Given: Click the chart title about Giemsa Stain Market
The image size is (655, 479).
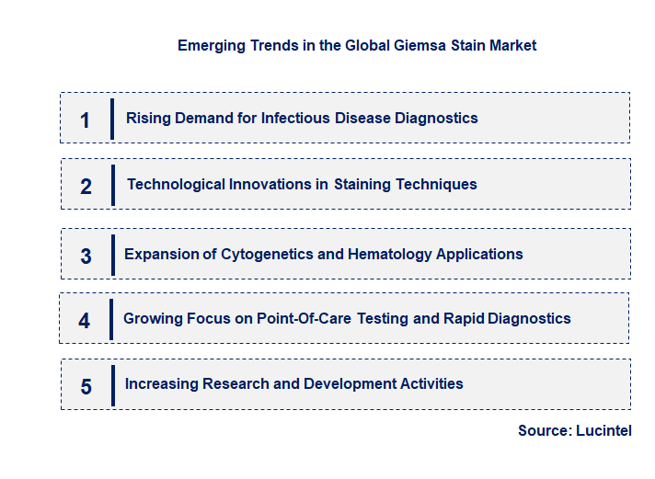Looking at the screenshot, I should (357, 45).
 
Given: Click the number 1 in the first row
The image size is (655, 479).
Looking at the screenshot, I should (86, 120).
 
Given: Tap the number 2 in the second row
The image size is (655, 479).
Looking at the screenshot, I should (86, 187).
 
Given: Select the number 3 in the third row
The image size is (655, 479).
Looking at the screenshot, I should (86, 257).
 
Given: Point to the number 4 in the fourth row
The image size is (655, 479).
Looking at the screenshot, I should (85, 321).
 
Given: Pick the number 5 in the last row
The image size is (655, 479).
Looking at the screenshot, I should (86, 386).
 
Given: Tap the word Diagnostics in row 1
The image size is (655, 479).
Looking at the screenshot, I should (436, 118).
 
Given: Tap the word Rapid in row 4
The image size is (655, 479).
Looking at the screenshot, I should (462, 318).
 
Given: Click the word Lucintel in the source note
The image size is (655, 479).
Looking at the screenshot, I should (604, 430).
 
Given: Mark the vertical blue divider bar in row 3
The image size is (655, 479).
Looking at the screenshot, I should (112, 255).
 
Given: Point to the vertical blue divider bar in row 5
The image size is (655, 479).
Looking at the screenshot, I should (112, 384).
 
